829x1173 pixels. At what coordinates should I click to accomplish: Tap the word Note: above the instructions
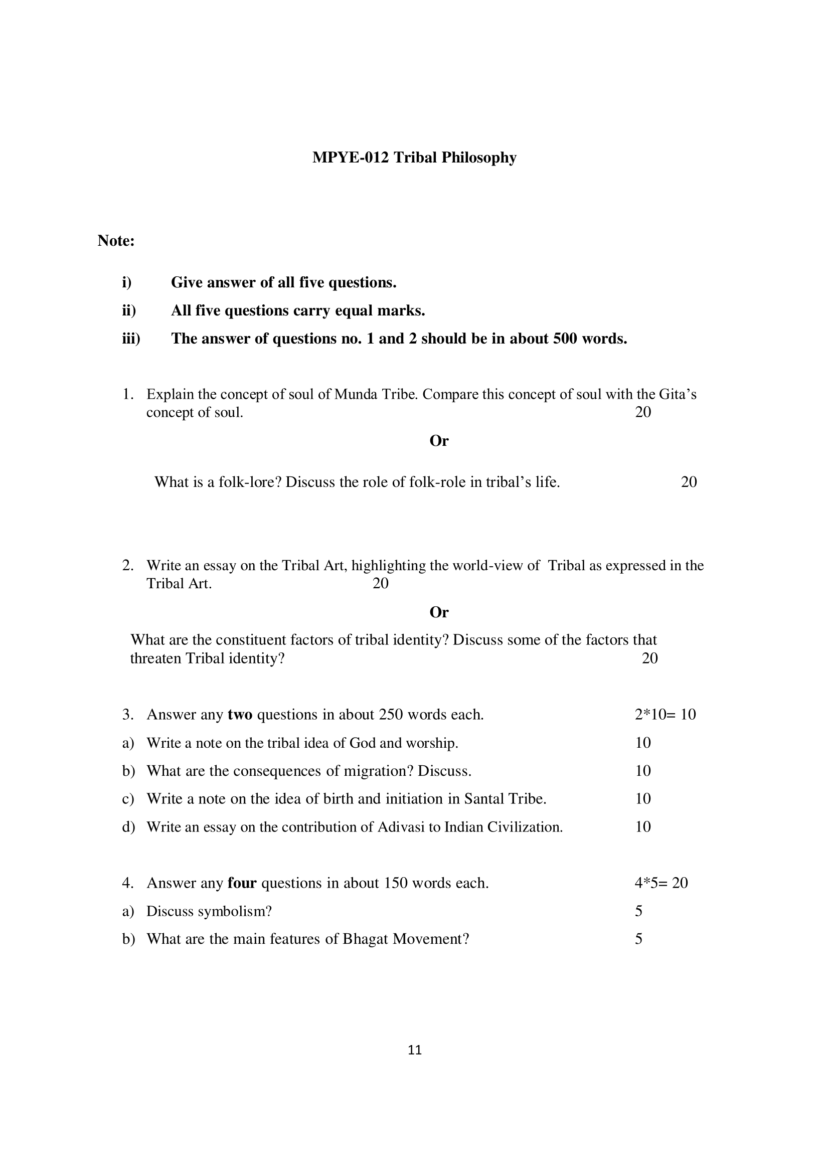[x=116, y=241]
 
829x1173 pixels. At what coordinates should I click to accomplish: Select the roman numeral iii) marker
[x=131, y=339]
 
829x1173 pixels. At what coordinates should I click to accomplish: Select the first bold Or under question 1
[x=439, y=441]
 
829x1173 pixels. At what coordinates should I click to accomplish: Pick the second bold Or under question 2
[x=439, y=612]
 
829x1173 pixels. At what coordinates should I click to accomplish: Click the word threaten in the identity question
[x=156, y=658]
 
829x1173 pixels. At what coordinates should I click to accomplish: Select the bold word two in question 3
[x=240, y=715]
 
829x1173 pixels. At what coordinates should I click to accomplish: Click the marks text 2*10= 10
[x=665, y=715]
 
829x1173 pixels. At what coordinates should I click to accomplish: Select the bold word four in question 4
[x=242, y=883]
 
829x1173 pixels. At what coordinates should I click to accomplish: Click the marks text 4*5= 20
[x=661, y=883]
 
